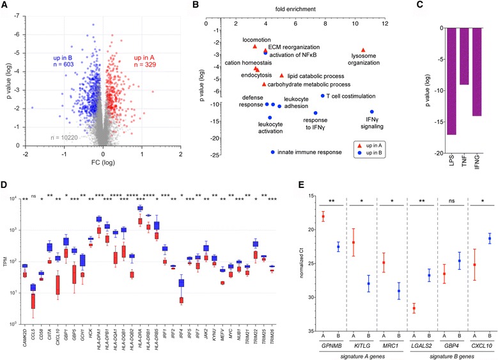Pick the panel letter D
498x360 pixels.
point(6,187)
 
